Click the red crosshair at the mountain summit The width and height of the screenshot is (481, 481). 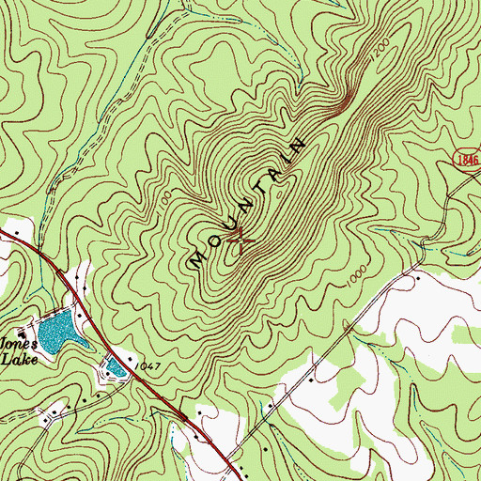[x=240, y=240]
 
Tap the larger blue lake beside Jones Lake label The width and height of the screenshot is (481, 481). [x=55, y=328]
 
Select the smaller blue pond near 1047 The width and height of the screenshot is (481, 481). [x=116, y=367]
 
